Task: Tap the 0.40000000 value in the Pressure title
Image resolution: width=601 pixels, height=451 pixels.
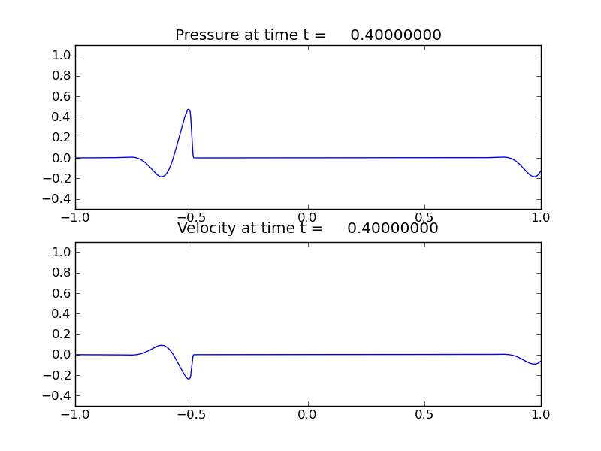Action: point(396,35)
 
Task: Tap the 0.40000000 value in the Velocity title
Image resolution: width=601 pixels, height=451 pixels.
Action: point(393,229)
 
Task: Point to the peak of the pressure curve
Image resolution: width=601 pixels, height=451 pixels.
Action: point(189,109)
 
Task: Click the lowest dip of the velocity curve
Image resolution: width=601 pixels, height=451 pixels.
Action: point(189,378)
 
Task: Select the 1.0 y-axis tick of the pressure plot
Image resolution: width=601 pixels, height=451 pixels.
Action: point(62,56)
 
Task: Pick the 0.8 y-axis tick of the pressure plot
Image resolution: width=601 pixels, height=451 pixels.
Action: point(62,76)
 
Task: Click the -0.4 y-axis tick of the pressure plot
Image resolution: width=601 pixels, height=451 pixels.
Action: point(59,199)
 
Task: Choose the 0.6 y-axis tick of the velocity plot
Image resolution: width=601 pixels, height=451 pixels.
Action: point(62,293)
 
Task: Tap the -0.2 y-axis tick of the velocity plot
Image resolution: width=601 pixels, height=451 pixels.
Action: point(59,375)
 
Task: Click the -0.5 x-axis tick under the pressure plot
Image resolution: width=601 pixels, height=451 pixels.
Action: point(189,218)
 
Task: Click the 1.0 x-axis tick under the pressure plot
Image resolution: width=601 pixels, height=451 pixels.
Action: point(541,218)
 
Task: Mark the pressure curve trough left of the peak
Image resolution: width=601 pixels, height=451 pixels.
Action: point(162,177)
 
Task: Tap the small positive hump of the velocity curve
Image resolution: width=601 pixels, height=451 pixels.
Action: point(162,345)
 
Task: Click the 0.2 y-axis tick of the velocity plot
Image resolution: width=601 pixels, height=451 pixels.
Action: point(62,334)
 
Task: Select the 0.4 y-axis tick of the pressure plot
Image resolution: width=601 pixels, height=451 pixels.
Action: point(62,117)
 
